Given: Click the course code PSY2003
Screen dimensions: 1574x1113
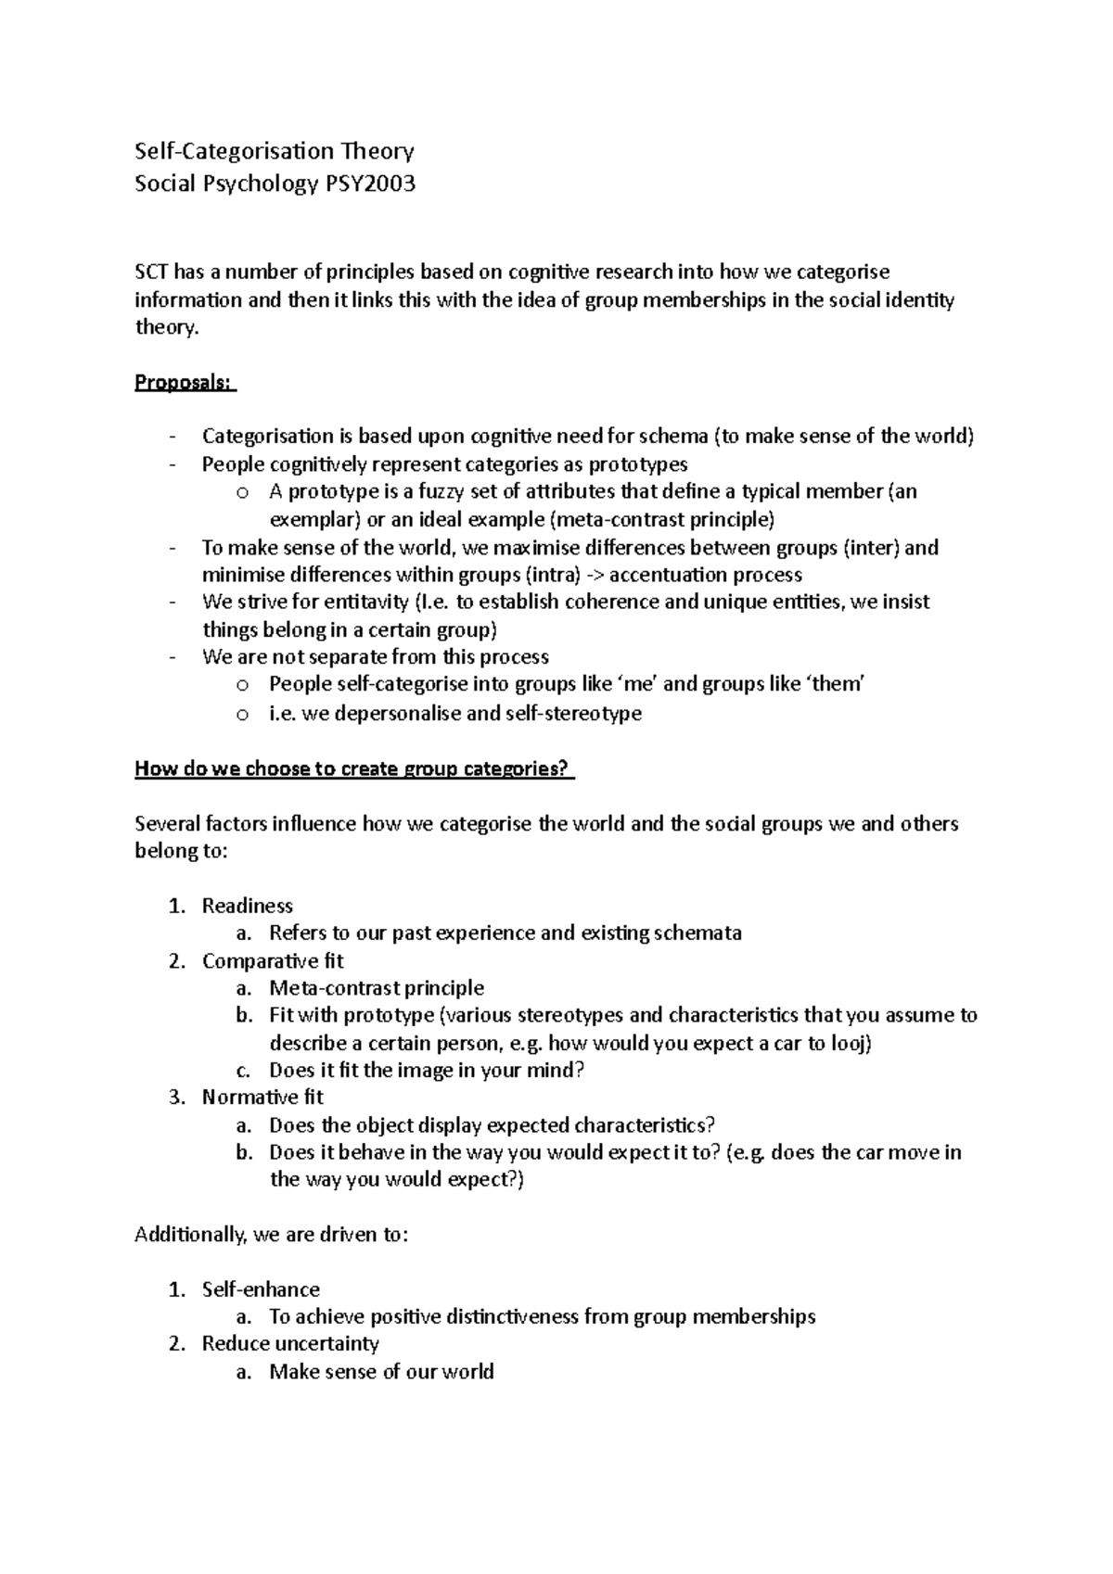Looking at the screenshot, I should coord(369,184).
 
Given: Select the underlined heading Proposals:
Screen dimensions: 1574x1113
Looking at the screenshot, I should coord(184,382).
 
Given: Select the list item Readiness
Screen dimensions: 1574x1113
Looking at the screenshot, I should coord(247,906).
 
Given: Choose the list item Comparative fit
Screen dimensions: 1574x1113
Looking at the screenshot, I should coord(273,960).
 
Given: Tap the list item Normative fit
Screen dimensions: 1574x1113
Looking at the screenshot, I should coord(262,1098).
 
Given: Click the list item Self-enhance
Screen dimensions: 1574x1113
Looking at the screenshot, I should coord(261,1289).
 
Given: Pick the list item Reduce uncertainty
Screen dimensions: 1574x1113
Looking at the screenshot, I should coord(290,1343).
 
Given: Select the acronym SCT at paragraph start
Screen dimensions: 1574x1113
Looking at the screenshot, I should coord(152,272).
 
